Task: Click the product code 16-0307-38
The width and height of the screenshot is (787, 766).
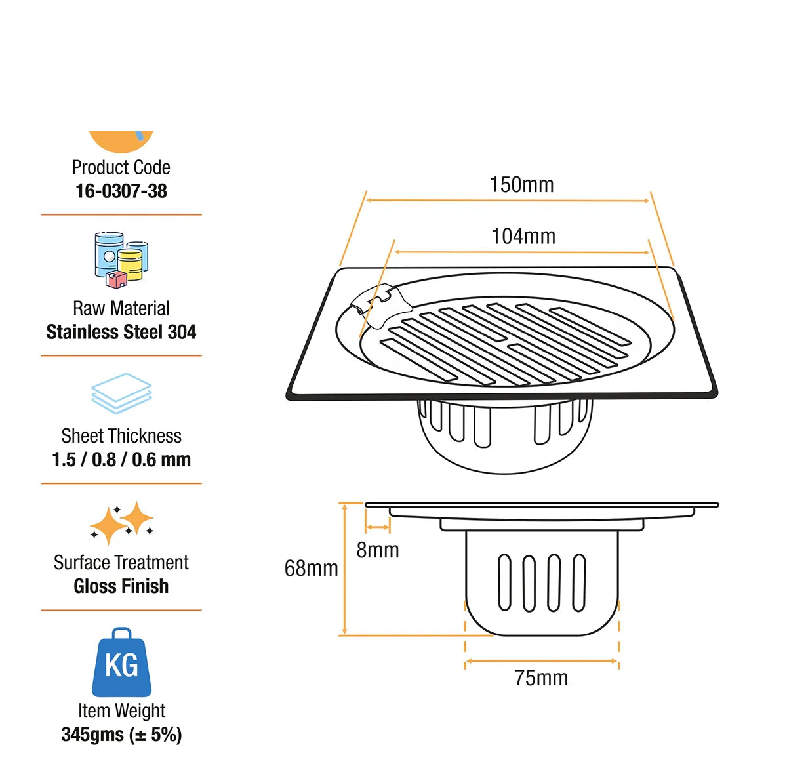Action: (121, 191)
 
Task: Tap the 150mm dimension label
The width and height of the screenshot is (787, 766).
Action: (521, 184)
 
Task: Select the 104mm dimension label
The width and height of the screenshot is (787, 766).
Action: (523, 236)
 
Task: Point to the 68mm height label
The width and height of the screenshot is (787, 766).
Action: (311, 568)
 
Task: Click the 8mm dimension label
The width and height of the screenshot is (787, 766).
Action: (377, 550)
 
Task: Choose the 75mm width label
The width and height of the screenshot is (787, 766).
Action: (541, 677)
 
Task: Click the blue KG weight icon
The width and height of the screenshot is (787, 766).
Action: (121, 662)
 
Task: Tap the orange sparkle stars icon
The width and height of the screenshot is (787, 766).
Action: (121, 523)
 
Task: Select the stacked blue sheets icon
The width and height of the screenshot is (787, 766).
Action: (121, 393)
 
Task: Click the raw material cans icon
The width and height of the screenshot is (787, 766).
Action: (121, 260)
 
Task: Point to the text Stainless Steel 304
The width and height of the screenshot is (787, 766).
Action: (121, 332)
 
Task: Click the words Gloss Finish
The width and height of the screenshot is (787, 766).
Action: (121, 586)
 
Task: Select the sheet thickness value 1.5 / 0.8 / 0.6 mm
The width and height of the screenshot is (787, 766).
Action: (121, 460)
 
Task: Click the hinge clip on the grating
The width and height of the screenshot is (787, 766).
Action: (382, 305)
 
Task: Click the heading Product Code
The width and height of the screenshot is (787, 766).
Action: (121, 167)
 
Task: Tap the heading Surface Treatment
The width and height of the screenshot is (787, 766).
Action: (121, 563)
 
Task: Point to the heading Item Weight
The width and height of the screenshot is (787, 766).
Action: (122, 711)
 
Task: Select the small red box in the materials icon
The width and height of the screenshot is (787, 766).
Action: (116, 279)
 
